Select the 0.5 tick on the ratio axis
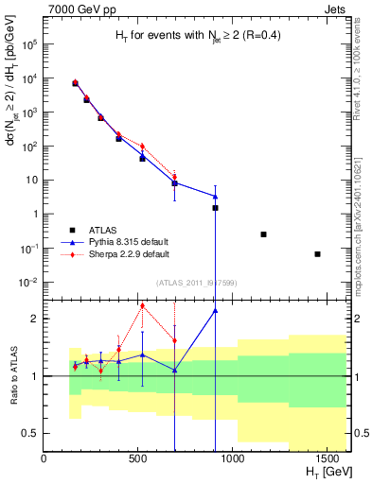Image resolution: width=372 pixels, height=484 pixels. pos(32,433)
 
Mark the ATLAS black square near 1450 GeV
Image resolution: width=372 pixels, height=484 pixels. pos(317,254)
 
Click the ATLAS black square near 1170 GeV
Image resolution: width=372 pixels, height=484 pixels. pos(263,234)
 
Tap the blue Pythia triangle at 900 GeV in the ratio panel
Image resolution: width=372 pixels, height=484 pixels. pos(215,310)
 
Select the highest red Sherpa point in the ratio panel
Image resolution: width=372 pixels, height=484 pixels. pos(142,304)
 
